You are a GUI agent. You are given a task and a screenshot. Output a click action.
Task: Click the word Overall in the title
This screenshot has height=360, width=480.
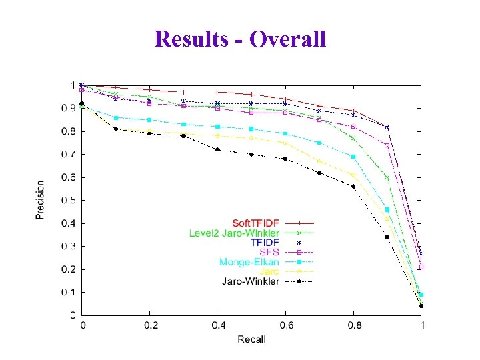click(x=288, y=38)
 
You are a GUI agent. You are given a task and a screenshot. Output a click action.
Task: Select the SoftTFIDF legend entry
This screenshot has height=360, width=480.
click(x=256, y=222)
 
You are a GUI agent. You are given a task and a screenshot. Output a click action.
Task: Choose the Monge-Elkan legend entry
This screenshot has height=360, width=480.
click(x=249, y=262)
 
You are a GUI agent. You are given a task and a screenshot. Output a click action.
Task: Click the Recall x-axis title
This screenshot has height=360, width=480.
click(x=251, y=339)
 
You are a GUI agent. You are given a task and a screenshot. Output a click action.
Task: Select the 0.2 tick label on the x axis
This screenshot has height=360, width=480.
click(x=150, y=325)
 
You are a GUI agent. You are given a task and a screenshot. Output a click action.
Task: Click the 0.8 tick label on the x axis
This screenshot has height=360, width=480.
click(x=354, y=325)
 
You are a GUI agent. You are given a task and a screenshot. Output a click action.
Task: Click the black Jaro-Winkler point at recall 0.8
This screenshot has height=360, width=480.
click(x=353, y=186)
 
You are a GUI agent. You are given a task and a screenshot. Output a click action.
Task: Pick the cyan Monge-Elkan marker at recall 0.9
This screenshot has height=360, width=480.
click(x=387, y=209)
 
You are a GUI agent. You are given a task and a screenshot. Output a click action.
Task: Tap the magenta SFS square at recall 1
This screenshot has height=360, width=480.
click(x=421, y=267)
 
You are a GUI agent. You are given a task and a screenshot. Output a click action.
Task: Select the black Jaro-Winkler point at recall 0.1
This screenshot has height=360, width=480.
click(x=116, y=129)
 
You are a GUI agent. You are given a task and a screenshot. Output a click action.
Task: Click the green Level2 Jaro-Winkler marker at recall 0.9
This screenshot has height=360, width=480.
click(x=387, y=177)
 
